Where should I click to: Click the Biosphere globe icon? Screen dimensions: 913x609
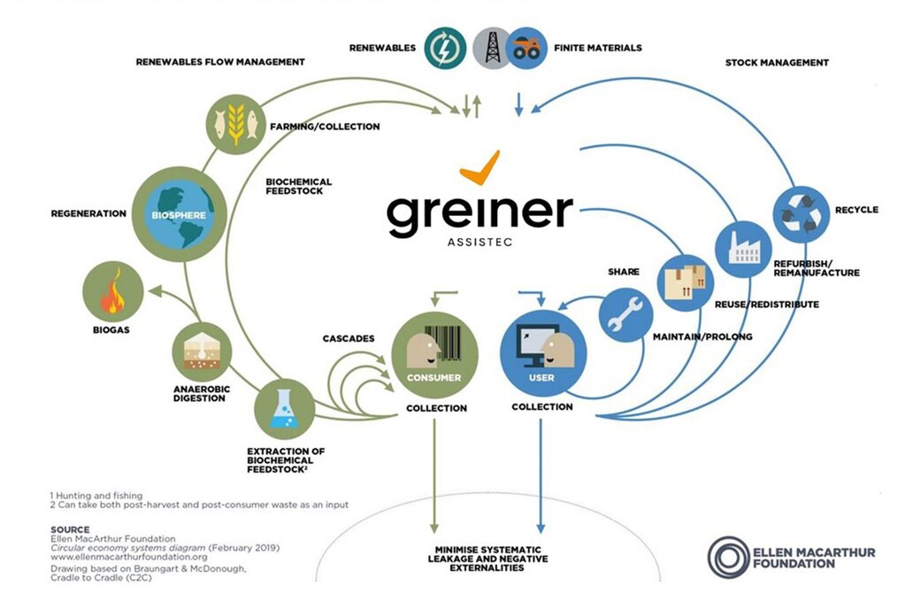coord(179,214)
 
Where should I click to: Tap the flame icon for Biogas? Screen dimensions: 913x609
coord(113,291)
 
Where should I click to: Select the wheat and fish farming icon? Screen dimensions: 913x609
coord(236,124)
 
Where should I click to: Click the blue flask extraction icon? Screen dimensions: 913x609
coord(285,409)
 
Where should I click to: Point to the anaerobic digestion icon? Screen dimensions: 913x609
coord(202,352)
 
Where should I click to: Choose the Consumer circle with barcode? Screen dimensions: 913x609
coord(434,354)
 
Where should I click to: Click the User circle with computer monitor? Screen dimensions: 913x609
coord(542,354)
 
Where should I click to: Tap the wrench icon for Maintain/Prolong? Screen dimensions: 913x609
coord(626,315)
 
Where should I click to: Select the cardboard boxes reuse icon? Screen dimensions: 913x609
coord(686,282)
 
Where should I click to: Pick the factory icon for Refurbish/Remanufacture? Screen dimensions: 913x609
coord(743,250)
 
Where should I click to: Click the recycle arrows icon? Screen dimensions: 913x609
coord(802,214)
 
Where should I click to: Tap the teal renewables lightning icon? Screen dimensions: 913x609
coord(445,48)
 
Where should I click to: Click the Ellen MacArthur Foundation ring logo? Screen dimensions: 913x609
coord(728,557)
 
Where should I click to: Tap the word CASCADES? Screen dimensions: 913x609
coord(349,339)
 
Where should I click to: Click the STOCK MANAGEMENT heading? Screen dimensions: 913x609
coord(777,63)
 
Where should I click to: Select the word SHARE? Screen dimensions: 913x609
coord(624,272)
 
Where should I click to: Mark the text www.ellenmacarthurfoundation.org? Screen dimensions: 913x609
coord(128,557)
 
